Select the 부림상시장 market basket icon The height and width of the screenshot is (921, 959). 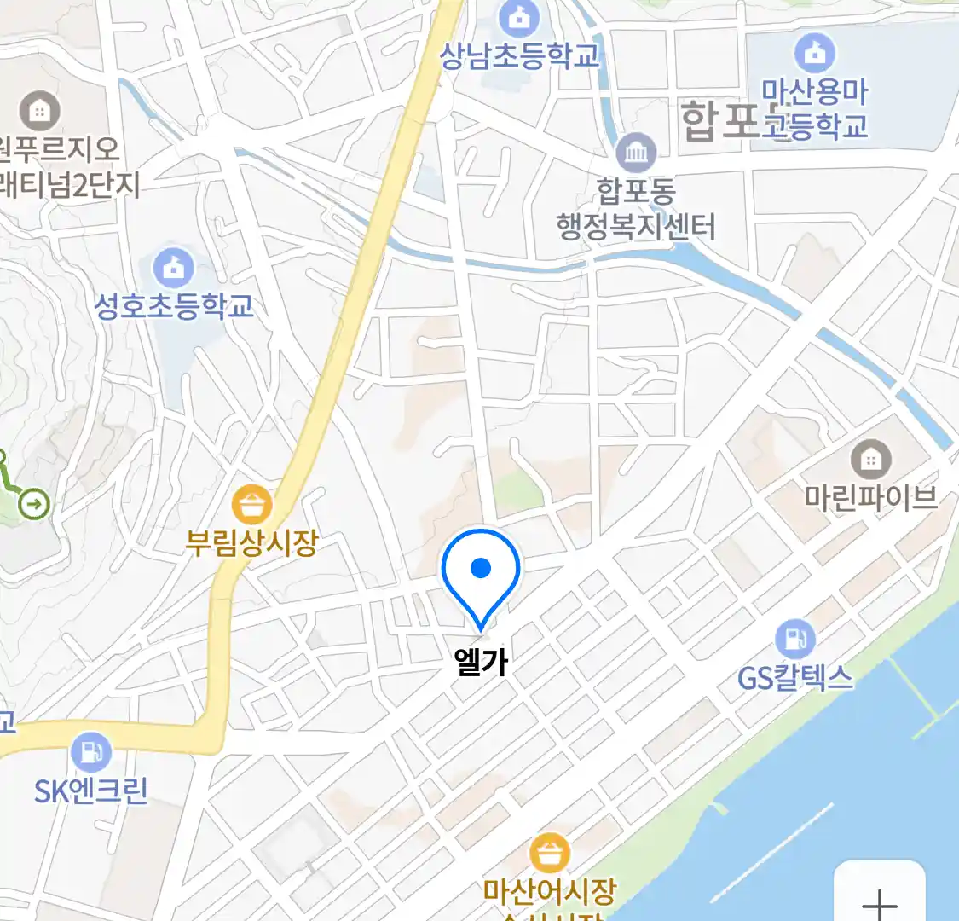pos(252,505)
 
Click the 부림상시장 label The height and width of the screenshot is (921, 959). pos(252,542)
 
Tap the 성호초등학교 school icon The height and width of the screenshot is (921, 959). pos(174,269)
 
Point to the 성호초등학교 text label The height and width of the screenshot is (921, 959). pos(174,306)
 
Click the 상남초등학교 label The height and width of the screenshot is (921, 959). pos(520,56)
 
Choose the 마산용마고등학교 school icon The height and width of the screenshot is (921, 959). pos(815,53)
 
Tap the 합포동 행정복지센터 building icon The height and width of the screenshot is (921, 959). pos(636,153)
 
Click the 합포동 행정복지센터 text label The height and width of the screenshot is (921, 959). pos(636,209)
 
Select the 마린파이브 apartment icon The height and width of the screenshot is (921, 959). pos(870,460)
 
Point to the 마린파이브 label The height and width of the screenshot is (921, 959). pos(870,497)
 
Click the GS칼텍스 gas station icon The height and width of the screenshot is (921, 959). pos(794,639)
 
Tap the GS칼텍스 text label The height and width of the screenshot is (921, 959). pos(794,678)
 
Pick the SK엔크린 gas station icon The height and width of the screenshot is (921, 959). pos(91,753)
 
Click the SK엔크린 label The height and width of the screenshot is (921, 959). pos(91,791)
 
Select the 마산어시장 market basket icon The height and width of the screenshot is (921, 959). pos(550,853)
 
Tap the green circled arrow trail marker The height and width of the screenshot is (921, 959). pos(34,504)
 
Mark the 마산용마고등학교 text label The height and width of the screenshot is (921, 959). pos(815,108)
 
